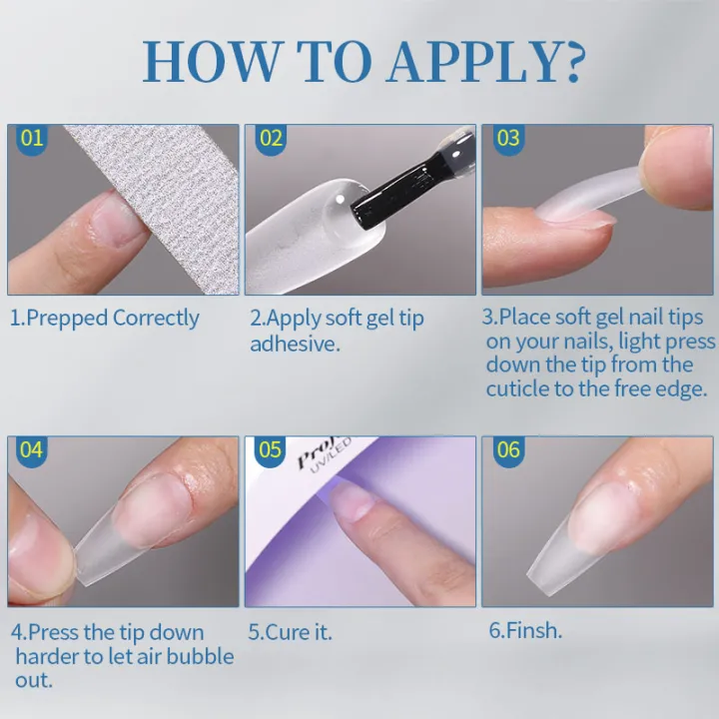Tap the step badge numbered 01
32,138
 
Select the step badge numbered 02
271,138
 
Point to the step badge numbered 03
508,138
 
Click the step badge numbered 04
32,450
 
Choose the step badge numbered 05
271,450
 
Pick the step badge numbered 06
508,450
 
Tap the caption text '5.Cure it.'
291,632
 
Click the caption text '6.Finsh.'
525,632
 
